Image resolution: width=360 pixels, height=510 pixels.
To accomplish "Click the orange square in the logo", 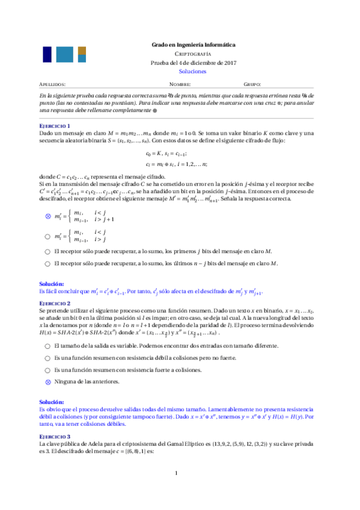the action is coord(82,49).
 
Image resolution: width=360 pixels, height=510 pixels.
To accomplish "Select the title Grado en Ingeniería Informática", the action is coord(193,45).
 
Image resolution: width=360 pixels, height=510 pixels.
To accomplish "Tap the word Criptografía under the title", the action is coord(193,54).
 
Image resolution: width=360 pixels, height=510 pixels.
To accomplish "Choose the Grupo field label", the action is coord(252,85).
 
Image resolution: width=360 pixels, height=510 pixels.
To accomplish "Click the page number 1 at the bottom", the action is coord(177,490).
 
